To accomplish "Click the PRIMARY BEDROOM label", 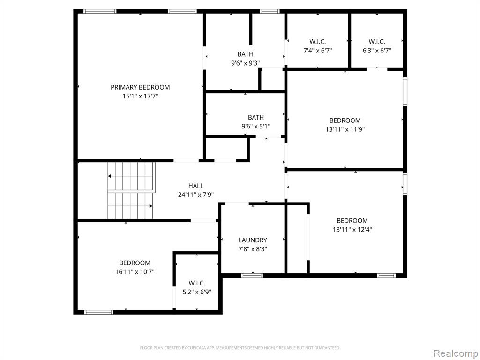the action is pos(140,87).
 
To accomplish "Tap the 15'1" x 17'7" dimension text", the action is pos(140,97).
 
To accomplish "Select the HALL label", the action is pos(196,186).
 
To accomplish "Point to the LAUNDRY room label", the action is pos(253,240).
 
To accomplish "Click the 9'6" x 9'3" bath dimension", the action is pos(246,63).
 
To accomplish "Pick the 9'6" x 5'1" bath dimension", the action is pos(256,126).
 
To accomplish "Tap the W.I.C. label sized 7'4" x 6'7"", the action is pos(318,41).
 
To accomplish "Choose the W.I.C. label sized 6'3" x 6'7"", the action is pos(377,41).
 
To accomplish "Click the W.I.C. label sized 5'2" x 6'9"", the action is pos(197,283).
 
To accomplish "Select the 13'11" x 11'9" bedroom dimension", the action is pos(345,129).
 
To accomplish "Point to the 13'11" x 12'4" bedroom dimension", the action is pos(352,229).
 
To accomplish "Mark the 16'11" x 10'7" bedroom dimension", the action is pos(135,271).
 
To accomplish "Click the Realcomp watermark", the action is pos(455,353).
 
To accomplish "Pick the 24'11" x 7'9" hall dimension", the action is pos(196,195).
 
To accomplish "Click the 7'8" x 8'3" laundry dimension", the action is pos(253,249).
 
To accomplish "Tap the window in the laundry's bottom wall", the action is pos(252,276).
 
